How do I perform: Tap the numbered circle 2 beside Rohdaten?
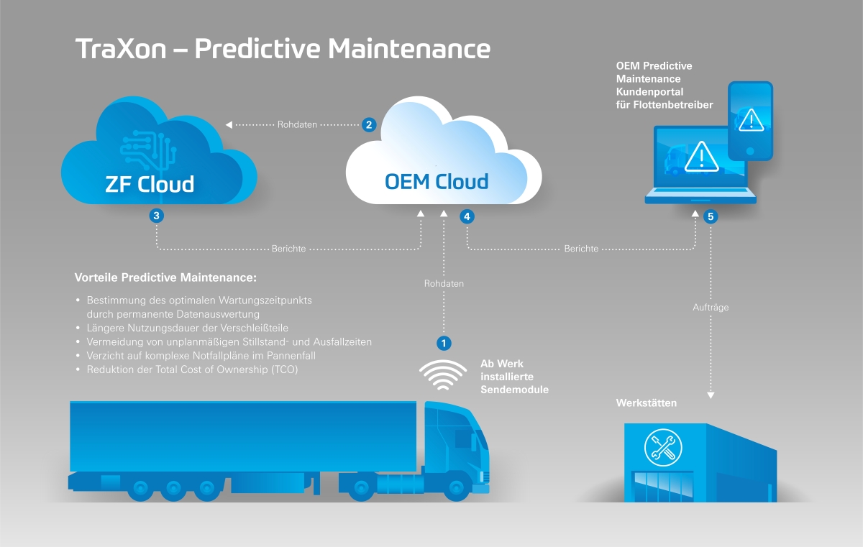coord(369,124)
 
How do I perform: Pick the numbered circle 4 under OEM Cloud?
coord(467,216)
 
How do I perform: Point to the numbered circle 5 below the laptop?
coord(711,216)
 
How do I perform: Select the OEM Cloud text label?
coord(437,180)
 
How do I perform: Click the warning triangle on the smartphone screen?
coord(751,119)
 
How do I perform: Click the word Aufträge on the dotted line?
coord(711,307)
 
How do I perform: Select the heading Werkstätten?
coord(646,403)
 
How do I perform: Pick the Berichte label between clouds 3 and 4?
coord(288,249)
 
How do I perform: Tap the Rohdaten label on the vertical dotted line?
coord(444,283)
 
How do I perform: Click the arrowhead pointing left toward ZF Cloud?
coord(229,124)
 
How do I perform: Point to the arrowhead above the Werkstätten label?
coord(711,395)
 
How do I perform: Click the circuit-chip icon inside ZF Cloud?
coord(148,144)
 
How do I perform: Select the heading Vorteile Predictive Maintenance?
coord(165,277)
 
